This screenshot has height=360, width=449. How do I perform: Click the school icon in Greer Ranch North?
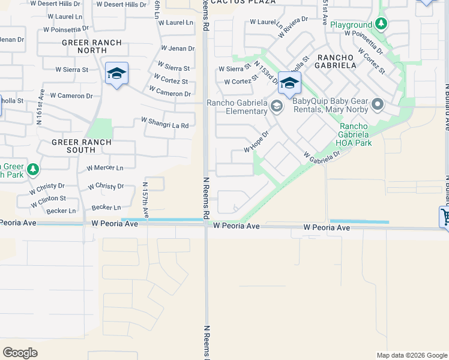coord(116,74)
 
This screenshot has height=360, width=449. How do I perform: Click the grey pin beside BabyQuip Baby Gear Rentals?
coord(378,105)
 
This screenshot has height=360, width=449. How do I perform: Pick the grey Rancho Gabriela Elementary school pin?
coord(276,106)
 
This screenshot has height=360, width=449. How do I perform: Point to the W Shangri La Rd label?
coord(165,122)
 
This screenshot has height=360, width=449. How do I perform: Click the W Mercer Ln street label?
coord(105,169)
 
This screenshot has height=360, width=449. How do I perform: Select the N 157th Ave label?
coord(145,200)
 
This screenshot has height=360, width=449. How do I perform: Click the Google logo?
coord(20,353)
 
